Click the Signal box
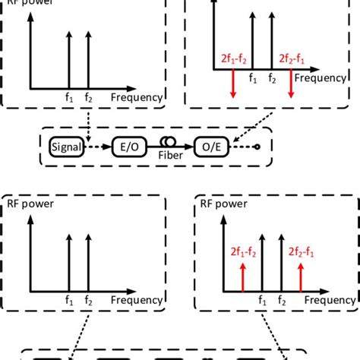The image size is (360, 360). pyautogui.click(x=68, y=144)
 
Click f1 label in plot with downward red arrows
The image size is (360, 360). pyautogui.click(x=252, y=77)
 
